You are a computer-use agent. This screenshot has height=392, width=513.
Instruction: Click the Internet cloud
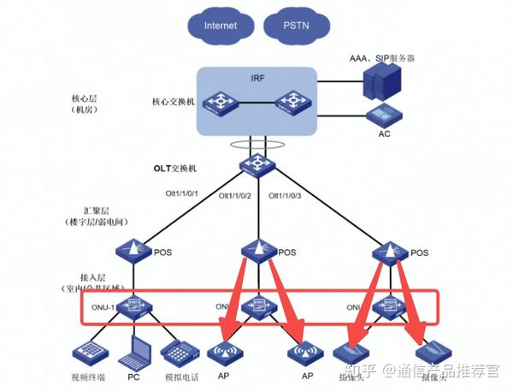(x=220, y=25)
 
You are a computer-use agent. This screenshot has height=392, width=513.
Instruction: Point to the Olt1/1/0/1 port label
(x=181, y=194)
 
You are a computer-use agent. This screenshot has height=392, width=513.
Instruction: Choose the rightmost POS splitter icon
(x=392, y=252)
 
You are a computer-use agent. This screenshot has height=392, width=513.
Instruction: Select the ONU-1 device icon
(x=133, y=306)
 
